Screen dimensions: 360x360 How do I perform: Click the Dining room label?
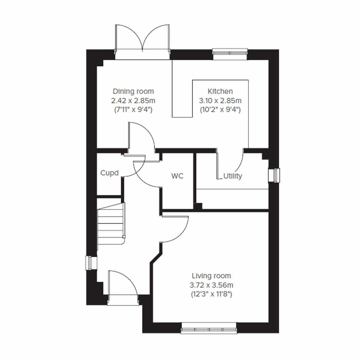pyautogui.click(x=133, y=91)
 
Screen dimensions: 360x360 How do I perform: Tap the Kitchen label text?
pyautogui.click(x=220, y=91)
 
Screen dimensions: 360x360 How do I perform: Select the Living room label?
pyautogui.click(x=211, y=276)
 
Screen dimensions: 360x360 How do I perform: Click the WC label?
pyautogui.click(x=177, y=176)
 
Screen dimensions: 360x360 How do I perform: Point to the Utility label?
pyautogui.click(x=233, y=176)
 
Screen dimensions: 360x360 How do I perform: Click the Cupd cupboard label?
pyautogui.click(x=109, y=173)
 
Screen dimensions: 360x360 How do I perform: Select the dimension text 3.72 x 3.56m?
pyautogui.click(x=211, y=285)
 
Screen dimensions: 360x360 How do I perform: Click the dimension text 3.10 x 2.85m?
pyautogui.click(x=220, y=100)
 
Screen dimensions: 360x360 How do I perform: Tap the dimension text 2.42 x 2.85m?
pyautogui.click(x=133, y=100)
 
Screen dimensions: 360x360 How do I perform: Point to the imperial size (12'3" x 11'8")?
pyautogui.click(x=211, y=294)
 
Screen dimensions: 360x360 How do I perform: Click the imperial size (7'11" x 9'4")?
pyautogui.click(x=133, y=110)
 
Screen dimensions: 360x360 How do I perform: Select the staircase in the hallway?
pyautogui.click(x=111, y=223)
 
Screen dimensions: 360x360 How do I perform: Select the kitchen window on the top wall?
pyautogui.click(x=230, y=52)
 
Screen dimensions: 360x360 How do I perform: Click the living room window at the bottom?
pyautogui.click(x=209, y=329)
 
